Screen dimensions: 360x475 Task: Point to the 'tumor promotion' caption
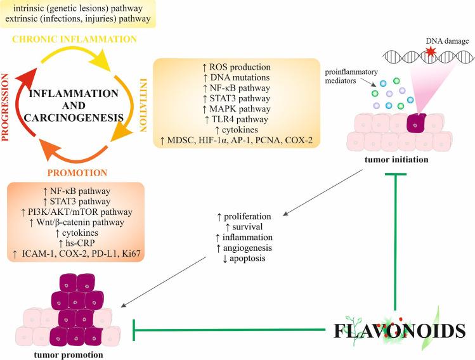pyautogui.click(x=63, y=354)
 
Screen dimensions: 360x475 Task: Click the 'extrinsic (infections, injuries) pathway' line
pyautogui.click(x=76, y=18)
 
